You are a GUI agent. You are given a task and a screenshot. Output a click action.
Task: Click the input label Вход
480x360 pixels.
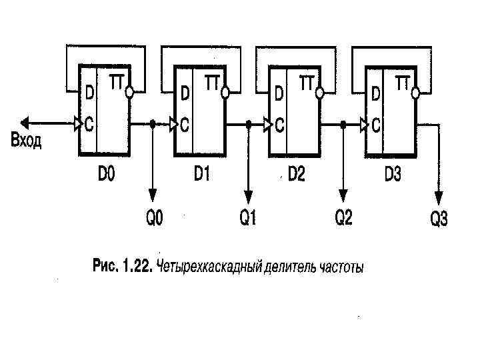click(26, 141)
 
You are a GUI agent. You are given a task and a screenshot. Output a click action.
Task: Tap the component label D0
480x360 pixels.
click(107, 175)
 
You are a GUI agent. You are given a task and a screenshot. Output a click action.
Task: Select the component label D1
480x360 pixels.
click(202, 175)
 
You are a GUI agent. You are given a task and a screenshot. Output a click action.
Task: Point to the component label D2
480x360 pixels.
click(296, 175)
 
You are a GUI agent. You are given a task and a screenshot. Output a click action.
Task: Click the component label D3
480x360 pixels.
click(393, 175)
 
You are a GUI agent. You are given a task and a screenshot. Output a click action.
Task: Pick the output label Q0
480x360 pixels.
click(154, 218)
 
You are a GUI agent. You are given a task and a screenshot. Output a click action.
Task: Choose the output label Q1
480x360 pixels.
click(248, 218)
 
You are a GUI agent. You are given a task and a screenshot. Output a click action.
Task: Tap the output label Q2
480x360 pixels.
click(343, 218)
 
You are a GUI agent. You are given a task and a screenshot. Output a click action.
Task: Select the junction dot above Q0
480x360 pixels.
click(153, 123)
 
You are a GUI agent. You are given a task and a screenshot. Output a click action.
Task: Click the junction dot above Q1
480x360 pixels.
click(249, 123)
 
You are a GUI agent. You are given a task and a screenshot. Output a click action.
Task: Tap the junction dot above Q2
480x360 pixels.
click(343, 123)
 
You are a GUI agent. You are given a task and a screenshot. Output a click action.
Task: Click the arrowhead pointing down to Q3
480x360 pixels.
click(439, 197)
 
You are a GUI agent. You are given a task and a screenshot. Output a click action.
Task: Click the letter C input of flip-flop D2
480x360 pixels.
click(281, 124)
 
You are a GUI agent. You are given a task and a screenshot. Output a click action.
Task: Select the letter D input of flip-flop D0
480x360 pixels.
click(87, 94)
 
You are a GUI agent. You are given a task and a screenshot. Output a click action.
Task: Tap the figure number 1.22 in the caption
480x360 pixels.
click(135, 267)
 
